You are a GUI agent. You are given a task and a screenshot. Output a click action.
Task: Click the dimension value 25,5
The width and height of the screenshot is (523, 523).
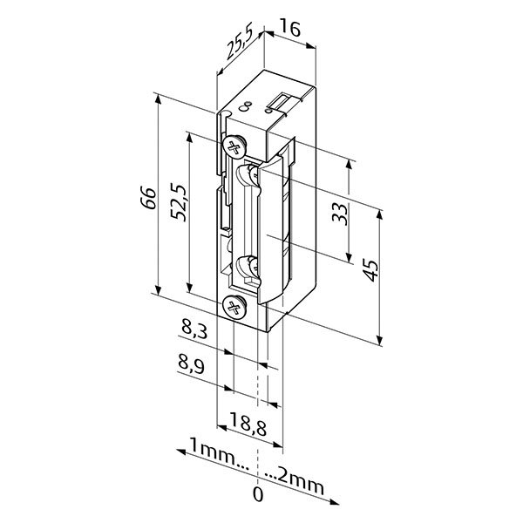coord(239,42)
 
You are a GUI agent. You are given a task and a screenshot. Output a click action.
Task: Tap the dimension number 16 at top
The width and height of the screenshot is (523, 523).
coord(289,29)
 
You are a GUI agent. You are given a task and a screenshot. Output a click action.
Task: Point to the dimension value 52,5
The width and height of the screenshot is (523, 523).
coord(179,202)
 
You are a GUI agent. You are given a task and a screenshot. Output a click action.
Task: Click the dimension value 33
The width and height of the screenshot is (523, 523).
coord(339,214)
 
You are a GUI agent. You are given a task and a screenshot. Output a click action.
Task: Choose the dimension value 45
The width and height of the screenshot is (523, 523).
coord(371,270)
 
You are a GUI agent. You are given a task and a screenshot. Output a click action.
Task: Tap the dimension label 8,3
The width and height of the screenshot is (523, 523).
coord(194,329)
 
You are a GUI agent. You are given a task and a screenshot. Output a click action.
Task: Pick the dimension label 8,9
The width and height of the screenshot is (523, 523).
coord(191,366)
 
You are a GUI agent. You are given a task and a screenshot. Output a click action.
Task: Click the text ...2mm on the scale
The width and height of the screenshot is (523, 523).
coord(295,482)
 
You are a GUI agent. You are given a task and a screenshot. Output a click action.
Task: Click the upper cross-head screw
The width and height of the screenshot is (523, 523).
coord(234,146)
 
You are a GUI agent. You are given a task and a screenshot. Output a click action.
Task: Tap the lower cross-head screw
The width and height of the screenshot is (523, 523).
coord(234,307)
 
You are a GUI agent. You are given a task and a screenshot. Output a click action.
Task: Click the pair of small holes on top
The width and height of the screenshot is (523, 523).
coord(246,105)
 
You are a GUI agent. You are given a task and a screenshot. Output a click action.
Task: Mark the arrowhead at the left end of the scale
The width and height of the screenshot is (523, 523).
coord(181,452)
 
